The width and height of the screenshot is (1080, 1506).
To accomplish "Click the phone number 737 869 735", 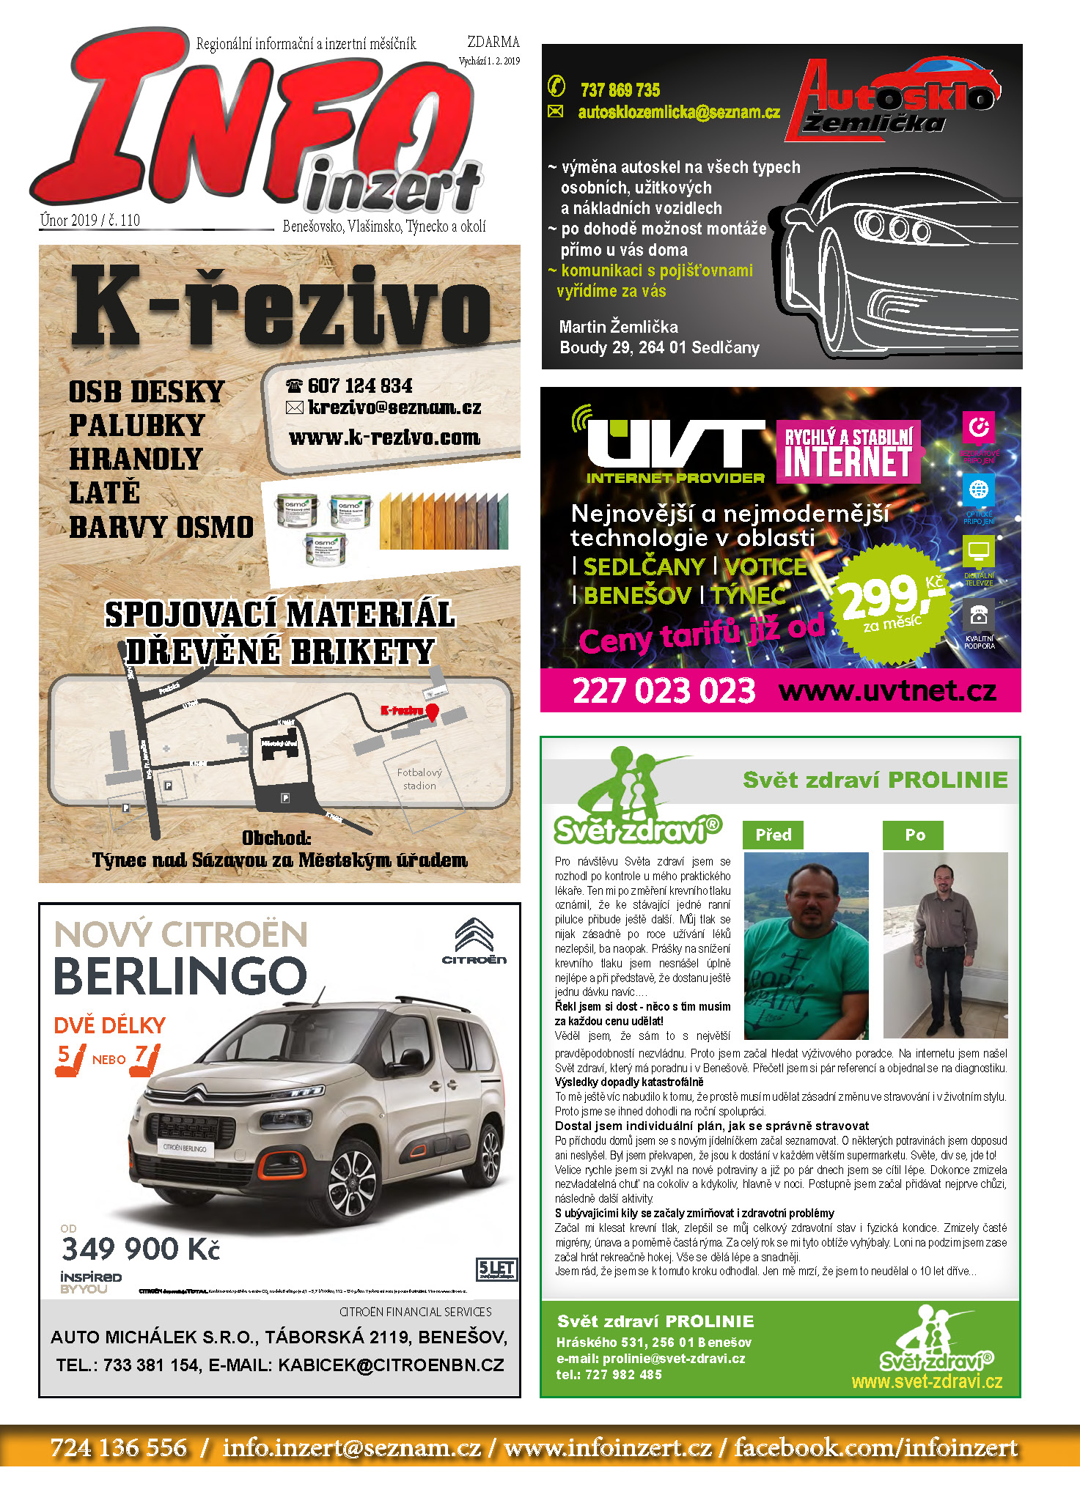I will pos(620,90).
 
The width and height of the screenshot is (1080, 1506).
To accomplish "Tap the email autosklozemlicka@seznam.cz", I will pos(678,112).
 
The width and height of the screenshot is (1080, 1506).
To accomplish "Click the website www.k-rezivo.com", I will pos(384,438).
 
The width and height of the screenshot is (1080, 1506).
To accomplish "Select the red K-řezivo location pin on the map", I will pos(432,712).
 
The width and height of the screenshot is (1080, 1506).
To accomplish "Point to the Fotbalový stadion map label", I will pos(419,779).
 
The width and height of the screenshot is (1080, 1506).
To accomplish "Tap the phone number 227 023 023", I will pos(664,691).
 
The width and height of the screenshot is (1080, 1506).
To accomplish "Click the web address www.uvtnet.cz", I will pos(887,691).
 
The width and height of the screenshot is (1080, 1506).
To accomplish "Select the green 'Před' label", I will pos(774,835).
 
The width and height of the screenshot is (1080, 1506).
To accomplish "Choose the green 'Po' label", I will pos(914,835).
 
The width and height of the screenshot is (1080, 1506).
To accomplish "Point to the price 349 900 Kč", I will pos(141,1249).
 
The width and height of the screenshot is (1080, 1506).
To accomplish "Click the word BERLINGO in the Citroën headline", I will pos(180,976).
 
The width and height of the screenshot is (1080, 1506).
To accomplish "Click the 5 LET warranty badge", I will pos(496,1269).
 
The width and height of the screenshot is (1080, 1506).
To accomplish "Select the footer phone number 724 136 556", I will pos(119,1447).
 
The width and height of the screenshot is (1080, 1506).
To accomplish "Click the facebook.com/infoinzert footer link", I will pos(876,1447).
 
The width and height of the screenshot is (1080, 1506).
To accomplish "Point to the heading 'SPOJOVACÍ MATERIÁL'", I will pos(280,614).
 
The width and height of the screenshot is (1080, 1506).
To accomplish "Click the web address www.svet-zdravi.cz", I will pos(927,1382).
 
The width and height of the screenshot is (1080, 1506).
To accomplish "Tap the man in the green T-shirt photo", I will pos(806,945).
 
